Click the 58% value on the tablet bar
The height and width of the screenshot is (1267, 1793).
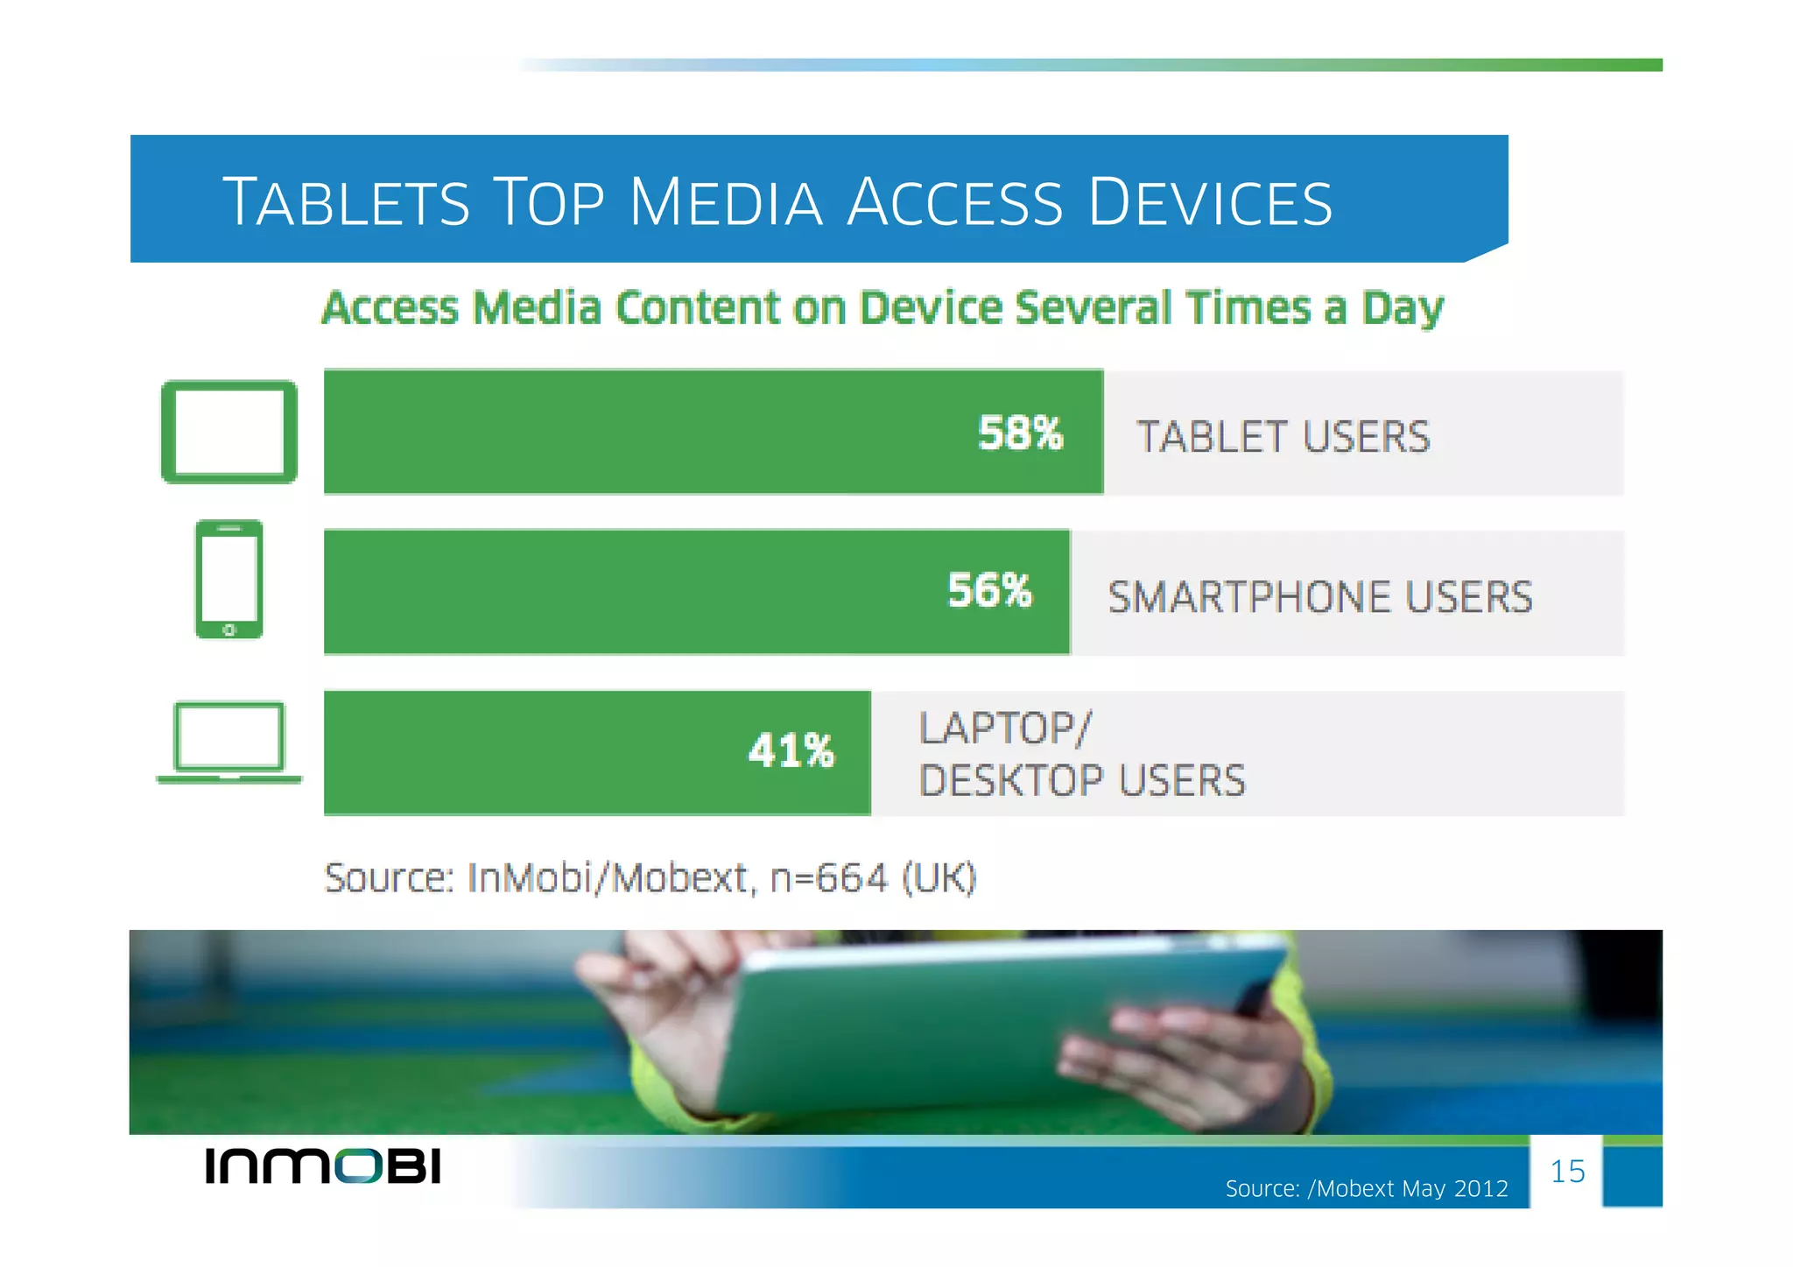pyautogui.click(x=1020, y=433)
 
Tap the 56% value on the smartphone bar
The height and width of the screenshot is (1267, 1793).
pyautogui.click(x=989, y=591)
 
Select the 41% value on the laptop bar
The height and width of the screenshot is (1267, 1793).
pyautogui.click(x=791, y=751)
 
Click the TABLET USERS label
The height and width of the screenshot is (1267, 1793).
pyautogui.click(x=1283, y=437)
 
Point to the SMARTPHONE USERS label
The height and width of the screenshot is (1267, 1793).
pyautogui.click(x=1319, y=597)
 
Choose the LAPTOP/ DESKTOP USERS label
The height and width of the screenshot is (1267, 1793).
pyautogui.click(x=1081, y=755)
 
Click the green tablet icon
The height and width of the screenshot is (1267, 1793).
pyautogui.click(x=229, y=432)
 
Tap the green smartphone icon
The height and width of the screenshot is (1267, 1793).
pyautogui.click(x=229, y=579)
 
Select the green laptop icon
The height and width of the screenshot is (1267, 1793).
pyautogui.click(x=229, y=742)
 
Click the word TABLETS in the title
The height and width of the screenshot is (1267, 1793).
pyautogui.click(x=347, y=202)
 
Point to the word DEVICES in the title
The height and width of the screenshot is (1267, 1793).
pyautogui.click(x=1210, y=202)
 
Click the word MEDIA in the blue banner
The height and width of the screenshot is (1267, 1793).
pyautogui.click(x=726, y=202)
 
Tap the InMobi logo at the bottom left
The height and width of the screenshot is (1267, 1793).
pyautogui.click(x=323, y=1166)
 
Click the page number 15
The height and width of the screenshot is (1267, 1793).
pyautogui.click(x=1567, y=1172)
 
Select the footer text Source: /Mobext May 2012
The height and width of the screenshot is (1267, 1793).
pyautogui.click(x=1366, y=1189)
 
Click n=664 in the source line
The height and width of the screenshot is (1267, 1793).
pyautogui.click(x=828, y=878)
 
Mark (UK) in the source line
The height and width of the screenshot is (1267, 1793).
pyautogui.click(x=939, y=878)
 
